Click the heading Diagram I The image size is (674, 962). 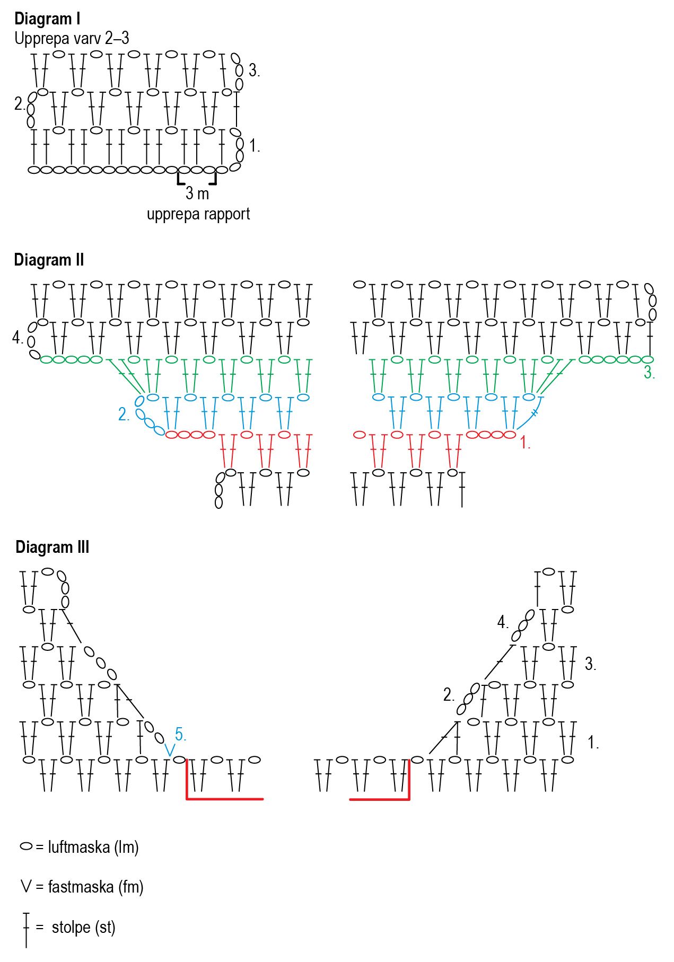click(x=47, y=19)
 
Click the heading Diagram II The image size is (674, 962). click(x=49, y=260)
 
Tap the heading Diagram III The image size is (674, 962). click(x=52, y=547)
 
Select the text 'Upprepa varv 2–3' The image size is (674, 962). click(x=72, y=39)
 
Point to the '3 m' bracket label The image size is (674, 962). click(x=197, y=193)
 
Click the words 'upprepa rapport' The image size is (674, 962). click(x=198, y=214)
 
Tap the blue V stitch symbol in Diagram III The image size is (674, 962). click(x=170, y=750)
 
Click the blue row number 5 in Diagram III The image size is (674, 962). click(x=180, y=735)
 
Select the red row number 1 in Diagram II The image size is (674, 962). click(x=524, y=443)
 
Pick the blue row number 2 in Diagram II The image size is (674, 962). click(x=124, y=414)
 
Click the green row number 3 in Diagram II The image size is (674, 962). click(x=649, y=373)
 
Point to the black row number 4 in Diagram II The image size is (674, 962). click(x=17, y=338)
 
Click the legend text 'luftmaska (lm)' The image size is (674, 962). click(x=93, y=847)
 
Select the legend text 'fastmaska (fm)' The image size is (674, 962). click(x=95, y=887)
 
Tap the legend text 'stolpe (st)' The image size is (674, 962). click(x=83, y=927)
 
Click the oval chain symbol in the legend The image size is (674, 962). click(x=26, y=846)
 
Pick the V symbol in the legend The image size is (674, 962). click(x=26, y=886)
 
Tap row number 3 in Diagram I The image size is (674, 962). click(x=254, y=70)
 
